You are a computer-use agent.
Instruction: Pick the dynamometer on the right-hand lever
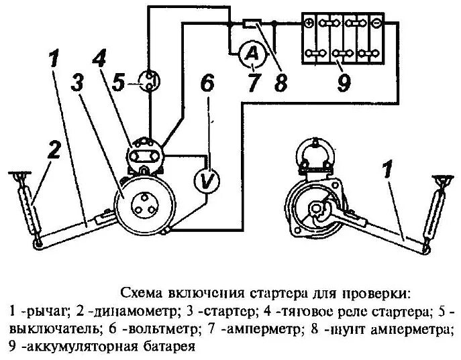click(x=433, y=211)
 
